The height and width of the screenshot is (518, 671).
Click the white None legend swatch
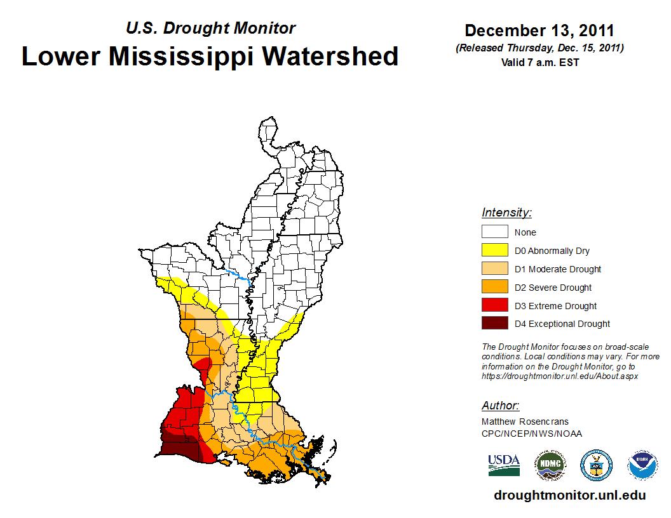click(x=494, y=232)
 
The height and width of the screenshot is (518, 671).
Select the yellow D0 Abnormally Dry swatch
click(x=494, y=250)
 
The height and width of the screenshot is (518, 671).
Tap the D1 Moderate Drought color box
click(x=494, y=269)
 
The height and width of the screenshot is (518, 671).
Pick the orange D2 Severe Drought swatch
click(x=494, y=287)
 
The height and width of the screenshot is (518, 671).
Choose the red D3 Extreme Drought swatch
click(x=494, y=305)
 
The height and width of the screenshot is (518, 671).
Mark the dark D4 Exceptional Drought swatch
click(x=494, y=323)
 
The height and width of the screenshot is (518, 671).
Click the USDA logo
click(x=504, y=465)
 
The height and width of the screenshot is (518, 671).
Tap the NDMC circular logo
click(x=550, y=465)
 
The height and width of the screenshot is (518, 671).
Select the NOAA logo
click(x=643, y=465)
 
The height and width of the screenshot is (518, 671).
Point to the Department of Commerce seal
click(x=596, y=465)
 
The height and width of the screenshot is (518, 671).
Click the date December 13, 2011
click(x=539, y=30)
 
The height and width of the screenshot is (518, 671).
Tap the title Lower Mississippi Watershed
click(x=210, y=56)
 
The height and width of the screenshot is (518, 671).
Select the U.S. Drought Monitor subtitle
click(x=211, y=28)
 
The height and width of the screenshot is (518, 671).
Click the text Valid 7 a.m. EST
click(x=539, y=62)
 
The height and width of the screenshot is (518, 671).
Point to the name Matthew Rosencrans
click(x=525, y=422)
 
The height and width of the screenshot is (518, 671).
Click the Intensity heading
click(x=506, y=213)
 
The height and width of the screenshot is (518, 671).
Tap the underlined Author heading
click(x=500, y=406)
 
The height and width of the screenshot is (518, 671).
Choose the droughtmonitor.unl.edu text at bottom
click(x=569, y=496)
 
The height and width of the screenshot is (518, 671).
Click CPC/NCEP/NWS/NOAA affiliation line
click(x=531, y=434)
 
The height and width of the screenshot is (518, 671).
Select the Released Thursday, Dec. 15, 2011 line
click(x=539, y=48)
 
